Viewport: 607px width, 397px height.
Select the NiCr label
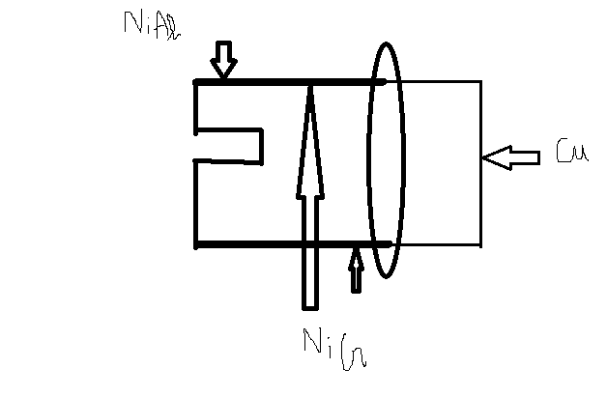coord(334,345)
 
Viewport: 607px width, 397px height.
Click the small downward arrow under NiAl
coord(224,60)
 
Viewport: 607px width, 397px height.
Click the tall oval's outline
coord(370,159)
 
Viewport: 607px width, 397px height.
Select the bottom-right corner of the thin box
coord(480,244)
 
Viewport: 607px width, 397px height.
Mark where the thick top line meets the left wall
coord(196,82)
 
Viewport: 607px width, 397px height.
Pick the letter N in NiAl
coord(130,22)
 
